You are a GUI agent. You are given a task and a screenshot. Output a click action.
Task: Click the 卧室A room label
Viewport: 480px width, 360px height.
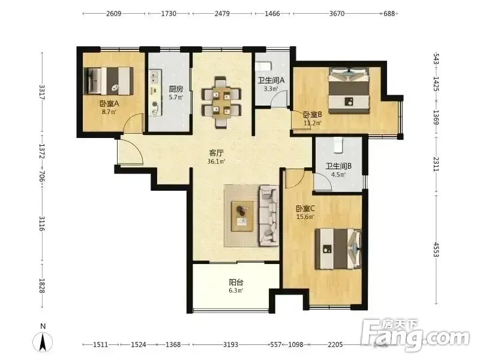109,103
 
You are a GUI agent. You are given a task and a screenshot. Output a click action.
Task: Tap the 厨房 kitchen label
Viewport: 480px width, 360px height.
176,89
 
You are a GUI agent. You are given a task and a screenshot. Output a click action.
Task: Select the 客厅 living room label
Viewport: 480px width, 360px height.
216,153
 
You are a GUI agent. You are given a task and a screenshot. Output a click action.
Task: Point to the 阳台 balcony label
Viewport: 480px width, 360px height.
236,282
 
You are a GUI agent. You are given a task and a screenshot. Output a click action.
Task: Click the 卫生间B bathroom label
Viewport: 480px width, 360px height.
338,166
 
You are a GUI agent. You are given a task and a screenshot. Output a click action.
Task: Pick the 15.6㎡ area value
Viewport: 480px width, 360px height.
305,217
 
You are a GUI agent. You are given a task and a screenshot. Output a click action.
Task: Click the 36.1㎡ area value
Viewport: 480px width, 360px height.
216,161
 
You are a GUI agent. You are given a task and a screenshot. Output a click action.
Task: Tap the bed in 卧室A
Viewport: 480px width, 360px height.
109,81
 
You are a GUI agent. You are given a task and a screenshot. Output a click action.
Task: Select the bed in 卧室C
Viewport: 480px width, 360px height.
338,248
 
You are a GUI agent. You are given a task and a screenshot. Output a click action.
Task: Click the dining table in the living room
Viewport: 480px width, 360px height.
221,102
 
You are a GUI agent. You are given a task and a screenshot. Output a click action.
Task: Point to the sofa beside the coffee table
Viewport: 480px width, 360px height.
269,215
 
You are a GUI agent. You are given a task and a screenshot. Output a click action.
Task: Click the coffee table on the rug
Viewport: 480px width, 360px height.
242,216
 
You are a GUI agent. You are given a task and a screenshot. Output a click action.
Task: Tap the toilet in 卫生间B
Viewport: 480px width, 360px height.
338,145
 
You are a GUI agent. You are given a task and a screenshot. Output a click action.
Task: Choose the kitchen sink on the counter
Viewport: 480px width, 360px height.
155,77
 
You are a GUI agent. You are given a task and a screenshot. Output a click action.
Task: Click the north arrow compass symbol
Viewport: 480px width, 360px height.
43,341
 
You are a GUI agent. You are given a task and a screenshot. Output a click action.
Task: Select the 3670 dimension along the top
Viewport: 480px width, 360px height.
337,13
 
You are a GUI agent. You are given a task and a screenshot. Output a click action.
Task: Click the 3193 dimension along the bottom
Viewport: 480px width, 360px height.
230,344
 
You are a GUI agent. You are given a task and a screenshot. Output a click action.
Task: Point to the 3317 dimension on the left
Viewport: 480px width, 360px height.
42,92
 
